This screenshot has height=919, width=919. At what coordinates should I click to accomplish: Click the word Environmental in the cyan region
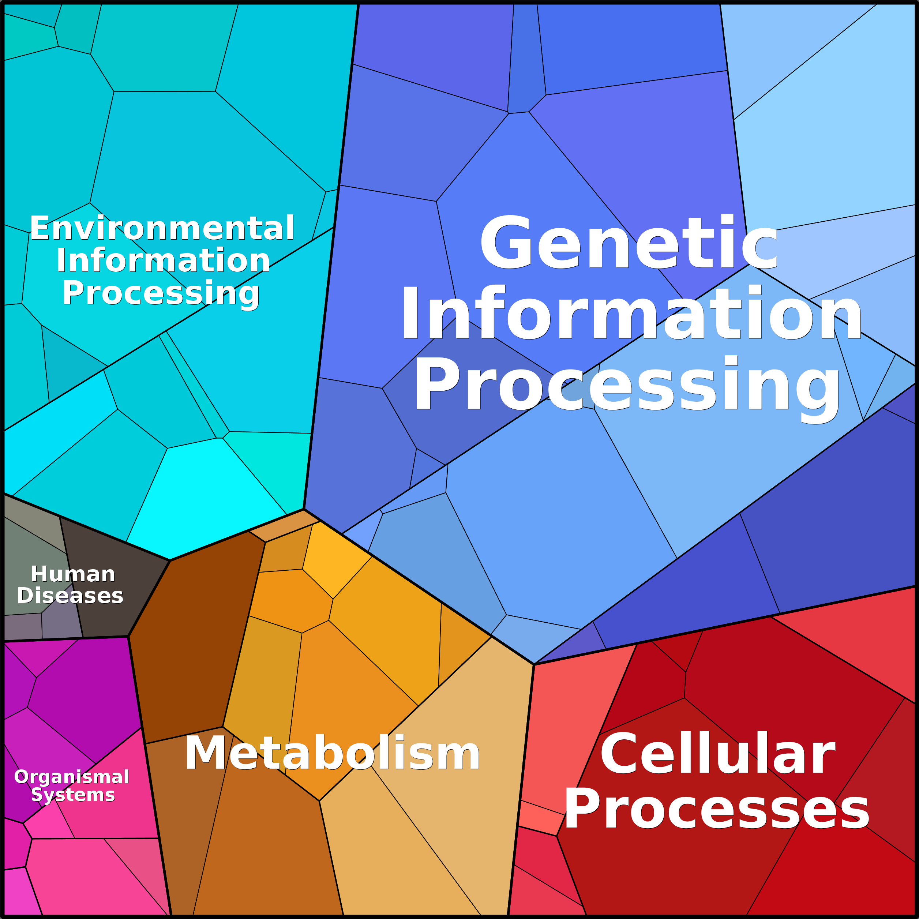pos(162,228)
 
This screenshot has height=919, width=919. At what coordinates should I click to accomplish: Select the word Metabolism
pos(333,753)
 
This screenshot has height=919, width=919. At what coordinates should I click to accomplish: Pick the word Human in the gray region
pos(73,574)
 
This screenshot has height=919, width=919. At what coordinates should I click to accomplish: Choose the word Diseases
pos(70,596)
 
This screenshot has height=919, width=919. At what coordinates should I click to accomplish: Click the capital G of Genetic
pos(506,243)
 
